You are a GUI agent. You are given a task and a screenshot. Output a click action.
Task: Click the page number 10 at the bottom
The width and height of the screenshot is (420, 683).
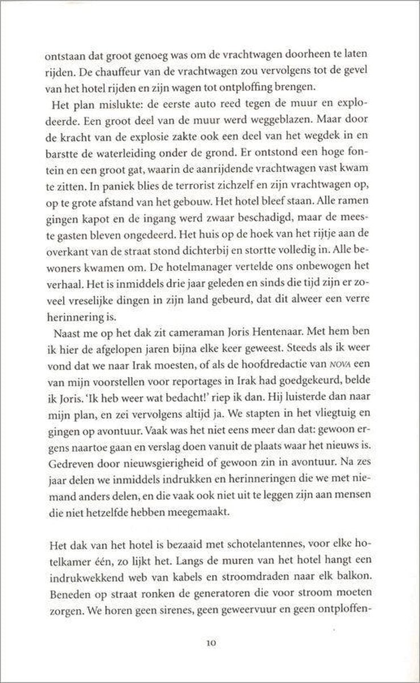[x=211, y=643]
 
